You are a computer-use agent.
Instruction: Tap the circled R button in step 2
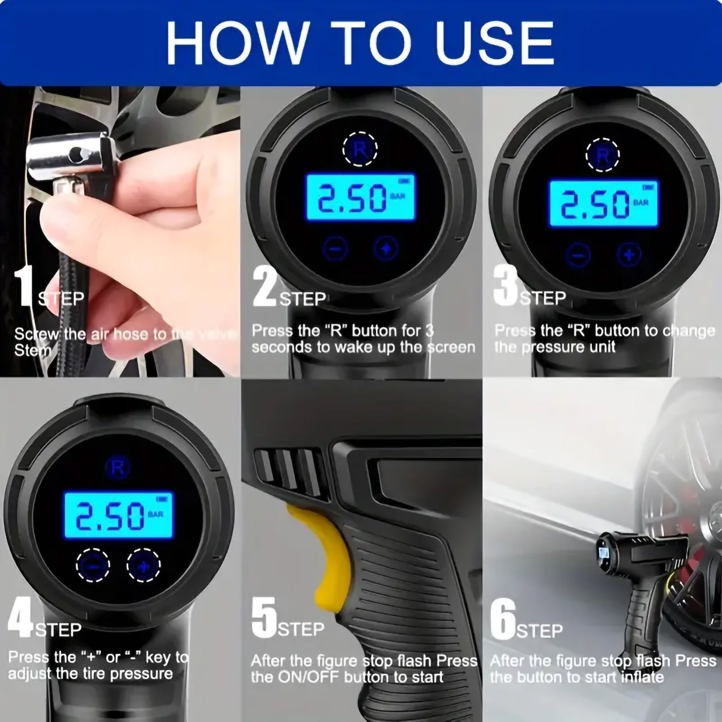(360, 149)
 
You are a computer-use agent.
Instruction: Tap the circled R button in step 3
(602, 155)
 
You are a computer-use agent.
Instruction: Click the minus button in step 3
(579, 255)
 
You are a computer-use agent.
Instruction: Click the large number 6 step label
(503, 618)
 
